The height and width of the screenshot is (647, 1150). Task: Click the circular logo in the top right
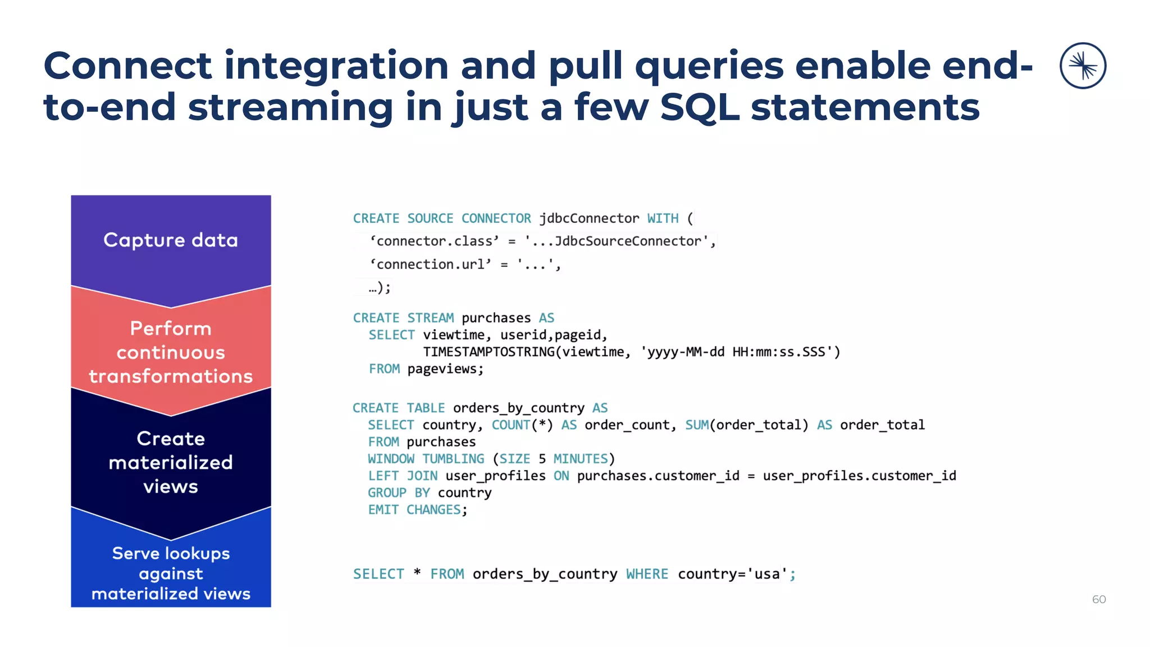(1083, 66)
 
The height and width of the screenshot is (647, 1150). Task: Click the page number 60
(1098, 599)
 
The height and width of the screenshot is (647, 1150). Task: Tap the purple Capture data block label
(171, 240)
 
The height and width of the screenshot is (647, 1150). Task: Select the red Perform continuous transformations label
(171, 352)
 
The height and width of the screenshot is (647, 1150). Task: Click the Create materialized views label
(171, 462)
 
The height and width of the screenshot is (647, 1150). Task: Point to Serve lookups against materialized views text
(171, 573)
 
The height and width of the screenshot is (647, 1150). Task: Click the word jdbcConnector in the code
(589, 218)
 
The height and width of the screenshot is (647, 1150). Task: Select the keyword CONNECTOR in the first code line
(496, 218)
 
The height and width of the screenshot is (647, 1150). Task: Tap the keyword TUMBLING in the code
(453, 459)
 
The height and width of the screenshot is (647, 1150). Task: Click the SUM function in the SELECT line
(696, 425)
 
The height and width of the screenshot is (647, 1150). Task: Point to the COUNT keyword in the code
(510, 425)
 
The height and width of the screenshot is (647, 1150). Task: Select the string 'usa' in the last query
(767, 574)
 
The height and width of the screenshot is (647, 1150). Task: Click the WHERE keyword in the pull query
(647, 574)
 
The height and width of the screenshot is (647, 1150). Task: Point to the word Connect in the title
(128, 65)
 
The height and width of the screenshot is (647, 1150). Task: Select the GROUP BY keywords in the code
(399, 493)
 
